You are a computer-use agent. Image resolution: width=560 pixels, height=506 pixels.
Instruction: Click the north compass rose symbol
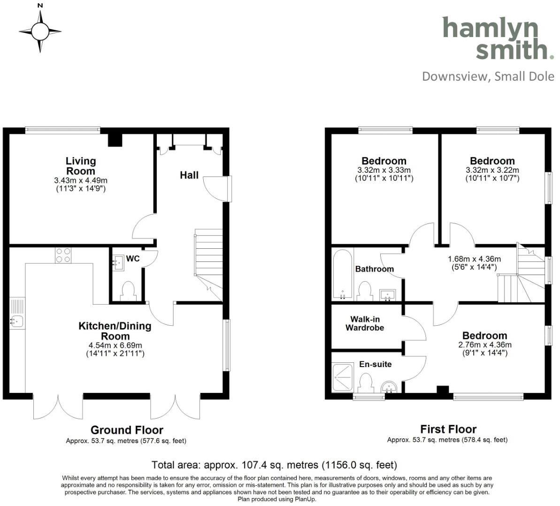tap(40, 31)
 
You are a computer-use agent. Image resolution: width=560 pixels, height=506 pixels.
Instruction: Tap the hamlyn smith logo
tap(497, 38)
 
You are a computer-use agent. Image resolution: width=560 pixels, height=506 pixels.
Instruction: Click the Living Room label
tap(81, 166)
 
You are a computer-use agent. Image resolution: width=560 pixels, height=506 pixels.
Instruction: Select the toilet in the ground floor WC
tap(128, 291)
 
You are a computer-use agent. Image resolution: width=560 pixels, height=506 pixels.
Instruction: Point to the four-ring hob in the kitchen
tap(63, 255)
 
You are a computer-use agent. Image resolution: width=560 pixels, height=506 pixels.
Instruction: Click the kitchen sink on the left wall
tap(16, 321)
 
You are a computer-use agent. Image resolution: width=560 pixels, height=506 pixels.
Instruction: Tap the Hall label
tap(189, 175)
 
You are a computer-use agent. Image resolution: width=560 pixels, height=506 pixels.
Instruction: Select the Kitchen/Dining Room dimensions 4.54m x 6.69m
tap(115, 345)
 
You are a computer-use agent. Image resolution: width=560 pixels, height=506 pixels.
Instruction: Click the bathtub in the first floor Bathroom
tap(343, 275)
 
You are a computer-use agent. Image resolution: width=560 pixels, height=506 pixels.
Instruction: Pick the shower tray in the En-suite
tap(344, 378)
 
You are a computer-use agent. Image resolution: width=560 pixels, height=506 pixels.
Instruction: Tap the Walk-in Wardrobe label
tap(365, 323)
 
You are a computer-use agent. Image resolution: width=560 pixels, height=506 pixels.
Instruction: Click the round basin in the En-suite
tap(389, 387)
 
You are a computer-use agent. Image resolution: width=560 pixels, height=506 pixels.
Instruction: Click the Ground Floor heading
tap(127, 429)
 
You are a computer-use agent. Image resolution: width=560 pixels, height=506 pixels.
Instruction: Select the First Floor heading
tap(448, 429)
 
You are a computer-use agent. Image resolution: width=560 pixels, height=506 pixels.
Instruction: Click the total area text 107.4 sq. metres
tap(274, 465)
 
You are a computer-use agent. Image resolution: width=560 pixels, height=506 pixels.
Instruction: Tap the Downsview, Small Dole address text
tap(488, 77)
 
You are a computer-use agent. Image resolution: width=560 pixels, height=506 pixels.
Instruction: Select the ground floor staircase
tap(208, 263)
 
